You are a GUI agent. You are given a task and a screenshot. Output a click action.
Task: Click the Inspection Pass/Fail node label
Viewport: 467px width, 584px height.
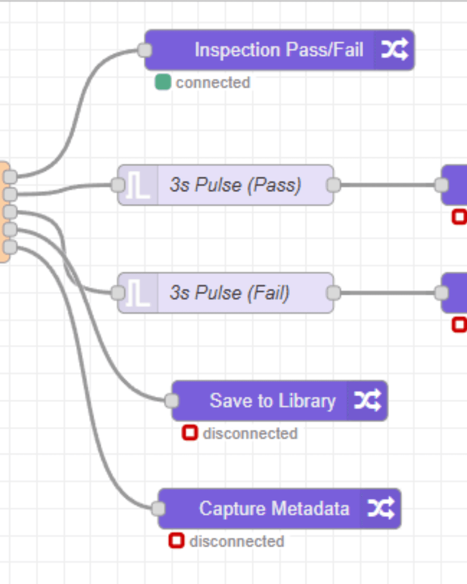click(278, 50)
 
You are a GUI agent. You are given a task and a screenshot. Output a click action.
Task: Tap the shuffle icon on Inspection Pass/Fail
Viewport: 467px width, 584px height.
click(394, 50)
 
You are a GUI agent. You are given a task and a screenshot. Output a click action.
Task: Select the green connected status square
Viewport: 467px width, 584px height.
click(163, 82)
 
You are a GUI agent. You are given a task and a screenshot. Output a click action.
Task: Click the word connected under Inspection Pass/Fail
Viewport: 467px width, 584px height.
click(213, 82)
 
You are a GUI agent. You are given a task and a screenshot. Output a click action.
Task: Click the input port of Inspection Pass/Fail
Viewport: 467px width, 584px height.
click(145, 50)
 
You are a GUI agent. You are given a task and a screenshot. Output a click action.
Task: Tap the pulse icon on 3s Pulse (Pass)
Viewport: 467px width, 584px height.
click(138, 185)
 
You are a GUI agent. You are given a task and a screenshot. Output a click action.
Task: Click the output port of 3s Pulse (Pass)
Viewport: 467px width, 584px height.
click(333, 185)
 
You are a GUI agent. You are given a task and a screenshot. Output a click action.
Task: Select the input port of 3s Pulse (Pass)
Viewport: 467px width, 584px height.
click(118, 185)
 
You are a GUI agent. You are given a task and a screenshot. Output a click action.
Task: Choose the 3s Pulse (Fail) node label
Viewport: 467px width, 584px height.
click(229, 293)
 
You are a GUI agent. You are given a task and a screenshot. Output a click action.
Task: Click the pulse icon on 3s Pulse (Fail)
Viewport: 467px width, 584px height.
click(138, 293)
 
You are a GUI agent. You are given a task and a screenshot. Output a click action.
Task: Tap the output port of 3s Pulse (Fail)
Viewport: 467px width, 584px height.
click(333, 293)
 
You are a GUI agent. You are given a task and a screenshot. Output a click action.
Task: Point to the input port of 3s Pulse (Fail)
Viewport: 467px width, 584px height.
click(118, 293)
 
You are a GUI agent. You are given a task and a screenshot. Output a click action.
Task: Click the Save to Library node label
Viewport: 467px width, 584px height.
click(272, 401)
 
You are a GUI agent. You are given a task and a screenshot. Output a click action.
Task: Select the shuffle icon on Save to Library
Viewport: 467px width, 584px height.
click(367, 401)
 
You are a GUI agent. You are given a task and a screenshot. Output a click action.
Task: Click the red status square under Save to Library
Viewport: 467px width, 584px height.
click(190, 433)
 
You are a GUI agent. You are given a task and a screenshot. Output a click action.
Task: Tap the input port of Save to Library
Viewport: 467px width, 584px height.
click(172, 401)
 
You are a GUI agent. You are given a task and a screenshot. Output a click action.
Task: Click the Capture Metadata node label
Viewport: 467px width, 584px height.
click(274, 509)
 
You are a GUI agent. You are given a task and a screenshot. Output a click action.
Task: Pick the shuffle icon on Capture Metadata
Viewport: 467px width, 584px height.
click(381, 509)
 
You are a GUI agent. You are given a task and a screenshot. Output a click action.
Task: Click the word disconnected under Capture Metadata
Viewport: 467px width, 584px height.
click(237, 541)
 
